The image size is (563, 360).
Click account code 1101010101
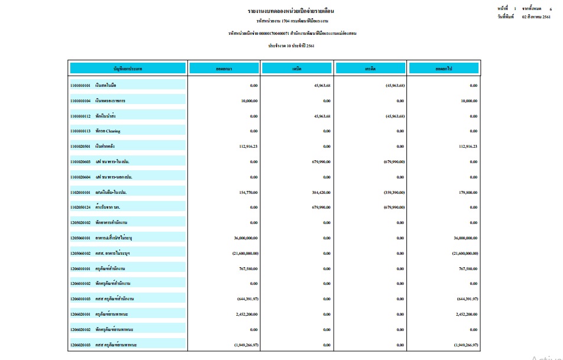[80, 86]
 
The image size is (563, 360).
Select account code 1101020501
[80, 147]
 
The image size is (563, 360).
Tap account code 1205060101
[80, 238]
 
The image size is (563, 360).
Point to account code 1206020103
[80, 345]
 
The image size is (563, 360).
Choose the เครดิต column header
[371, 69]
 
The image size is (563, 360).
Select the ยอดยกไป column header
[444, 69]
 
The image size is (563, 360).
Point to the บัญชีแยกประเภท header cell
[128, 69]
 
